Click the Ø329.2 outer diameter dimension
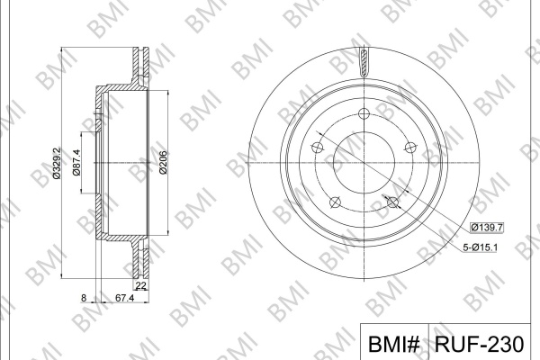tap(58, 163)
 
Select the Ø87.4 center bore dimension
tap(76, 163)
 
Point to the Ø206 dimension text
tap(163, 162)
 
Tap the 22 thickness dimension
tap(141, 285)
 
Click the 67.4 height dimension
tap(124, 298)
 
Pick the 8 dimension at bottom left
tap(84, 298)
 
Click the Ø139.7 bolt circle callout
tap(487, 228)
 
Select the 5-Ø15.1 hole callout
tap(480, 247)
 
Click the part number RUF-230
tap(479, 344)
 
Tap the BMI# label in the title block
tap(394, 344)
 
